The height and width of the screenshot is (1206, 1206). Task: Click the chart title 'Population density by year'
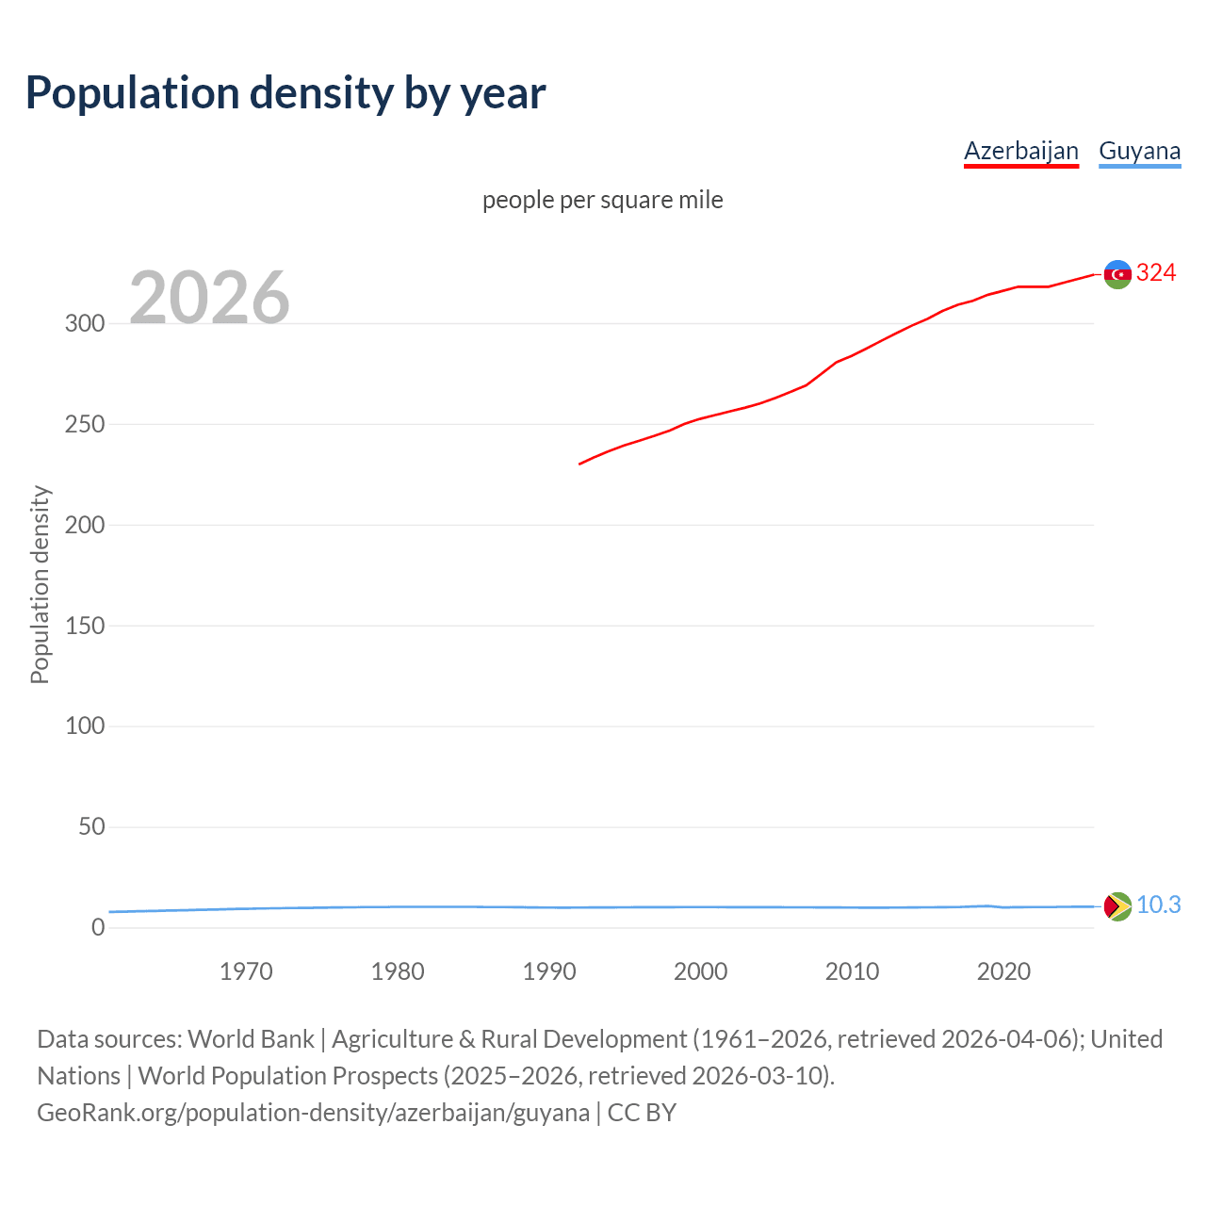pyautogui.click(x=285, y=92)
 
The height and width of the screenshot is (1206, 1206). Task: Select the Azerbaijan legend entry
pyautogui.click(x=1020, y=151)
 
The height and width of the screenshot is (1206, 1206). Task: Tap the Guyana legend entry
pyautogui.click(x=1139, y=151)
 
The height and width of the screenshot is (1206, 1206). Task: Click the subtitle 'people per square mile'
pyautogui.click(x=602, y=200)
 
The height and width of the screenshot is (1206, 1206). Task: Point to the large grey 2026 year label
pyautogui.click(x=209, y=298)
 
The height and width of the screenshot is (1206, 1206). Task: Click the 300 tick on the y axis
pyautogui.click(x=84, y=323)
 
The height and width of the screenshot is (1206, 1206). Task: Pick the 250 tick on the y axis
pyautogui.click(x=84, y=424)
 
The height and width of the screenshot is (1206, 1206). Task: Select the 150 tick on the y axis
pyautogui.click(x=84, y=626)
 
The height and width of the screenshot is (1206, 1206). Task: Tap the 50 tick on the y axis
pyautogui.click(x=91, y=826)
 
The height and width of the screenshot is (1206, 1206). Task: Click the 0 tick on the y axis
pyautogui.click(x=98, y=927)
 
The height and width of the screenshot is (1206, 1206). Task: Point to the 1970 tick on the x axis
pyautogui.click(x=246, y=971)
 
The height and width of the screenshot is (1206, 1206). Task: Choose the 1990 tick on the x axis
pyautogui.click(x=549, y=971)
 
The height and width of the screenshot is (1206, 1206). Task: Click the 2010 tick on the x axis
pyautogui.click(x=852, y=971)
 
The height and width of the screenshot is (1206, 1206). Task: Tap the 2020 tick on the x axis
pyautogui.click(x=1003, y=971)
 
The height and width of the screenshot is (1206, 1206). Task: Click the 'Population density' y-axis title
pyautogui.click(x=40, y=584)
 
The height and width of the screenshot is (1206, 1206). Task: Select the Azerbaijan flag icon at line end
pyautogui.click(x=1117, y=274)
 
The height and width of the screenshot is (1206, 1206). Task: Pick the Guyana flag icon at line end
pyautogui.click(x=1117, y=906)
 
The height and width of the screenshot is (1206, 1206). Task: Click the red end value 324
pyautogui.click(x=1156, y=273)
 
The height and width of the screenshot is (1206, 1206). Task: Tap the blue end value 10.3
pyautogui.click(x=1158, y=905)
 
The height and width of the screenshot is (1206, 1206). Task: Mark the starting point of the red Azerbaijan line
pyautogui.click(x=579, y=464)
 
